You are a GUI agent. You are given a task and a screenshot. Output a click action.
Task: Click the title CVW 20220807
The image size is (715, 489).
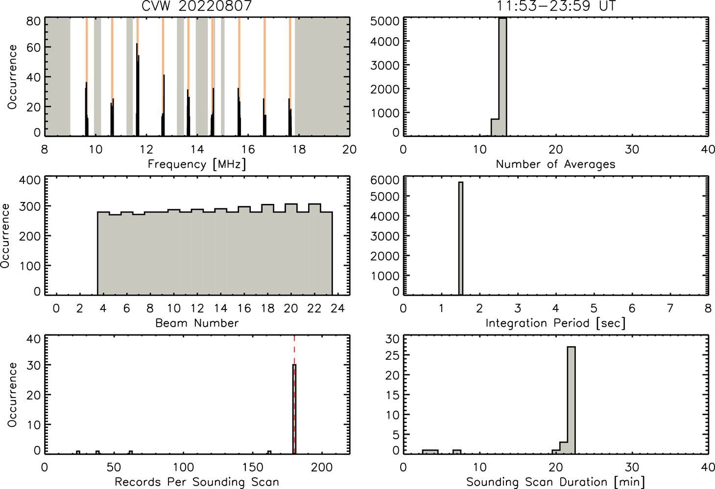197,6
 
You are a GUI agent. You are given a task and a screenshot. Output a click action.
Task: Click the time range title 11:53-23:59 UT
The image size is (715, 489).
556,6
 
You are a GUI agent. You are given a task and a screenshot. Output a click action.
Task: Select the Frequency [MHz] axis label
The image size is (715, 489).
197,164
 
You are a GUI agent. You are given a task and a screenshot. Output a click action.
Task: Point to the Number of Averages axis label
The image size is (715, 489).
556,164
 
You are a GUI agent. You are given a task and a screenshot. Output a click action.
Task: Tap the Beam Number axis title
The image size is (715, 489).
197,323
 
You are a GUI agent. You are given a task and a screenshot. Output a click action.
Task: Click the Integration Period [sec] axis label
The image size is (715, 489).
556,323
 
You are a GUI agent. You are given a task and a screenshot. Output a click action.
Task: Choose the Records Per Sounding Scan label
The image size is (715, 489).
197,482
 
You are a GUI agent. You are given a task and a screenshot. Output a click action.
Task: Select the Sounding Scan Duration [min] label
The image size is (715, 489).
556,482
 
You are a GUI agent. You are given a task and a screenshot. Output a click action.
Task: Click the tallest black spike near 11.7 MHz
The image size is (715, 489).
137,89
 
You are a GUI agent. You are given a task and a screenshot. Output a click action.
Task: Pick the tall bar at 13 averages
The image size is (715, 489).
502,77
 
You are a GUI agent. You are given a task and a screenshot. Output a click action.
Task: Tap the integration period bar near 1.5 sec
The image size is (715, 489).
461,239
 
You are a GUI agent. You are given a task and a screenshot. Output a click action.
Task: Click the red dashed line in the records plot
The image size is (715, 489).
294,395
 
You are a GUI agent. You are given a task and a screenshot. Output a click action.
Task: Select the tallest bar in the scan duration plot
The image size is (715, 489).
572,400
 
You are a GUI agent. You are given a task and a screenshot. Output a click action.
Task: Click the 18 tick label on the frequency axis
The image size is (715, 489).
299,149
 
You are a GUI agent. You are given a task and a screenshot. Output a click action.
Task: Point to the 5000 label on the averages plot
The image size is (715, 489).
384,22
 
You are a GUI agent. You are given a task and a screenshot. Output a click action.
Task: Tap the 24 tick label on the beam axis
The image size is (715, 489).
338,308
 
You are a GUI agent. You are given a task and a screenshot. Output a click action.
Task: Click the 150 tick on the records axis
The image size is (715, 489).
253,467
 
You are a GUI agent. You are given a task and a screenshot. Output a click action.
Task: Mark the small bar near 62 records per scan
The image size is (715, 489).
131,452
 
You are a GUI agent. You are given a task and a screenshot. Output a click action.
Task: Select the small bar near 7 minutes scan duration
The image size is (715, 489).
457,452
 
